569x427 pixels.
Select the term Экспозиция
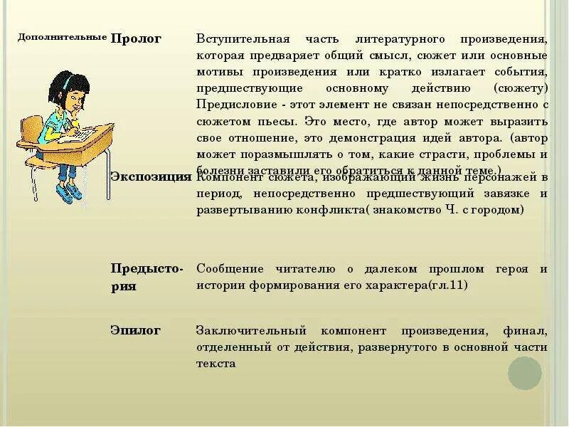151,176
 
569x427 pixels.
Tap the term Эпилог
135,330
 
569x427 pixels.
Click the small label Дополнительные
63,36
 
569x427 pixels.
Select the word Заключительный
251,331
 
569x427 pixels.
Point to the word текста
216,364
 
